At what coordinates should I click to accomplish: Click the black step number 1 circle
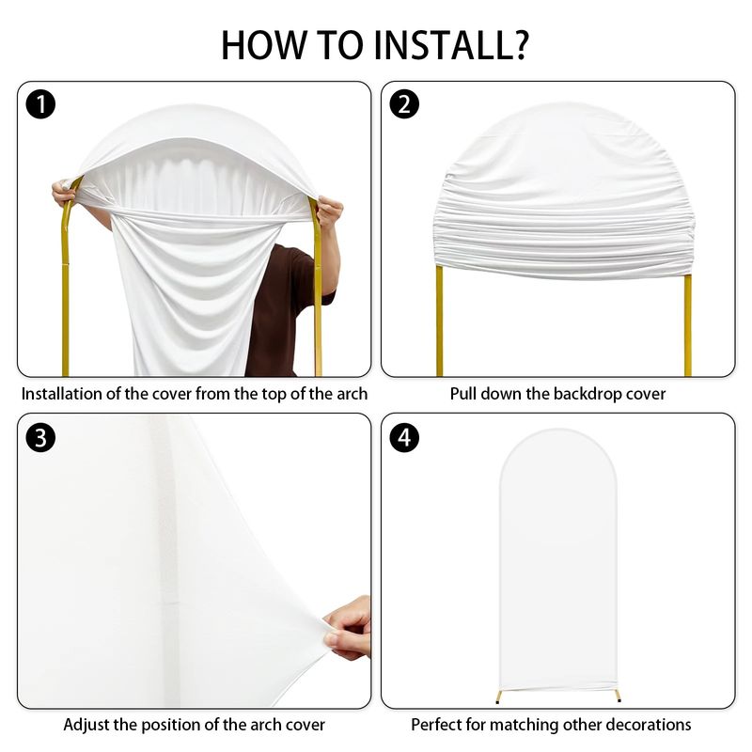(x=40, y=104)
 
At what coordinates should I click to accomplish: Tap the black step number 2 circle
(x=404, y=104)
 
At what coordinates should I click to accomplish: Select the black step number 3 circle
(x=40, y=438)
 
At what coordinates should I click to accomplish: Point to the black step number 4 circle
(x=404, y=438)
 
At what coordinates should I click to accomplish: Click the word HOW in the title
(x=263, y=45)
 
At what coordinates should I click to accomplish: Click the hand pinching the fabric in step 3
(x=348, y=627)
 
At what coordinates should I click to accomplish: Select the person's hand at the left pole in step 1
(x=64, y=193)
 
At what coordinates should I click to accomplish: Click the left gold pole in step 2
(x=439, y=321)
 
